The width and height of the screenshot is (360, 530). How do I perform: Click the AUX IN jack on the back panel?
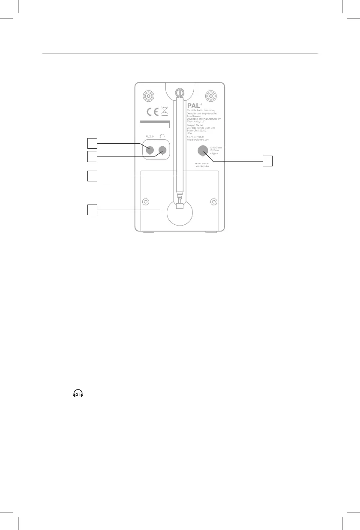tap(150, 150)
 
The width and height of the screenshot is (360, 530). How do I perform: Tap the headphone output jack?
tap(162, 150)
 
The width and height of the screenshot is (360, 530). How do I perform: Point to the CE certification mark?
tap(152, 112)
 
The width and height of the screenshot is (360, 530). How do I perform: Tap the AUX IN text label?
tap(149, 136)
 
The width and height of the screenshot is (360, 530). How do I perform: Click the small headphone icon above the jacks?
tap(162, 136)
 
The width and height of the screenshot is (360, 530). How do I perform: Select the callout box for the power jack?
tap(267, 161)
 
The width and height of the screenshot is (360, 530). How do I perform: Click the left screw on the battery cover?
tap(146, 202)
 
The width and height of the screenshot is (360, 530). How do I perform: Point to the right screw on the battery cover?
tap(213, 202)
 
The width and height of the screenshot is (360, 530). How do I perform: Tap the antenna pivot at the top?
tap(180, 92)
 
